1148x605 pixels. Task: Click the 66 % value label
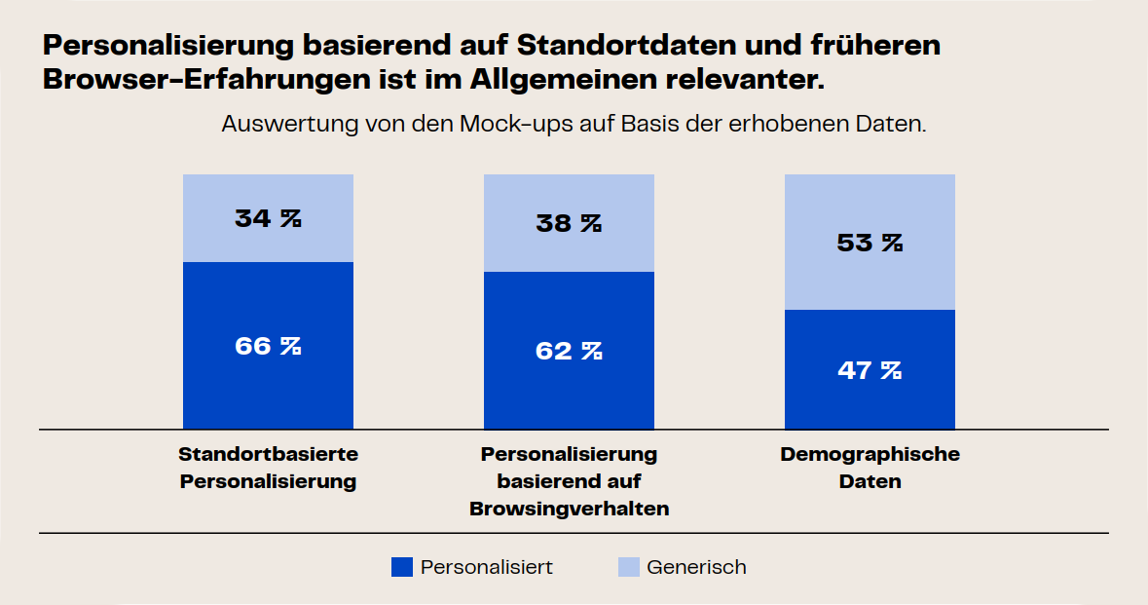click(x=268, y=346)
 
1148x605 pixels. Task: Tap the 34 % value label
click(x=268, y=218)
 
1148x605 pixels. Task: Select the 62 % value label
click(x=569, y=351)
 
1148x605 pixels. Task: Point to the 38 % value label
click(x=569, y=223)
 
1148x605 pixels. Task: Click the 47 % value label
click(x=870, y=370)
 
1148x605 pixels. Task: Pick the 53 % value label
click(x=870, y=243)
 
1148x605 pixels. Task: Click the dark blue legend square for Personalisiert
click(x=401, y=567)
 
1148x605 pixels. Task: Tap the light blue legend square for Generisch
click(x=629, y=567)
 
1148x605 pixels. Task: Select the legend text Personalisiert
click(x=487, y=567)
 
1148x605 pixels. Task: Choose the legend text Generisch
click(x=696, y=567)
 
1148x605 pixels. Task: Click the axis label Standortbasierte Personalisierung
click(x=268, y=468)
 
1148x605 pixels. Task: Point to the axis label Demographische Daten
click(x=870, y=468)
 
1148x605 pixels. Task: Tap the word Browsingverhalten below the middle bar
click(x=569, y=509)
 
